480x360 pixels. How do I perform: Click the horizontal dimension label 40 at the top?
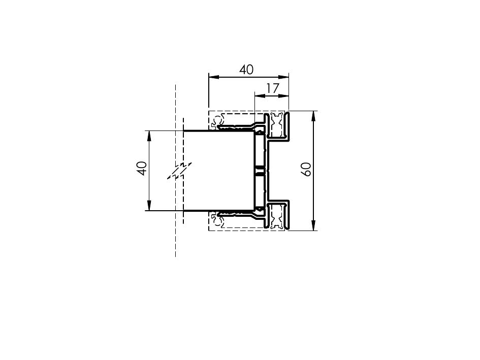tap(246, 70)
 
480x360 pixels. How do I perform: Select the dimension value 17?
tap(272, 88)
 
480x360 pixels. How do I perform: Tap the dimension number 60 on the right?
tap(306, 169)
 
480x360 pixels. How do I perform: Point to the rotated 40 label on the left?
tap(141, 169)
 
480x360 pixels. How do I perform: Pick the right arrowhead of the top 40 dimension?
tap(284, 77)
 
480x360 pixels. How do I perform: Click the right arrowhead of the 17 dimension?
tap(284, 96)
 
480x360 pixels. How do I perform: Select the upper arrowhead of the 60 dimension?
tap(313, 116)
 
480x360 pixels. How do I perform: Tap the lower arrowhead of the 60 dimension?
tap(313, 225)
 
